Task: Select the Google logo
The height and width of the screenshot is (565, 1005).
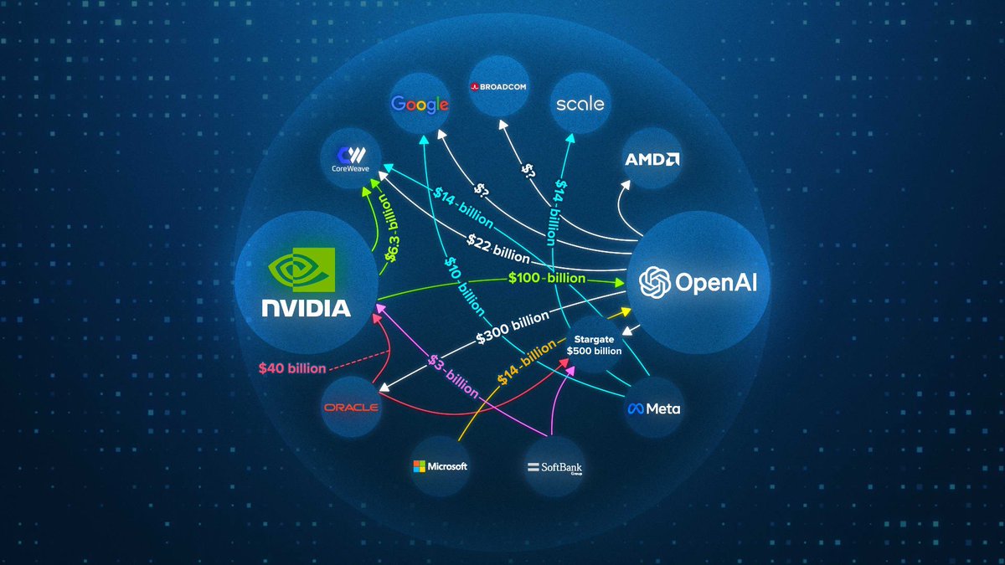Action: click(420, 105)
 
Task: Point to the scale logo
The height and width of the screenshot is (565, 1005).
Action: click(580, 105)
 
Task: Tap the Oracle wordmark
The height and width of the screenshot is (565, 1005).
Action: click(351, 408)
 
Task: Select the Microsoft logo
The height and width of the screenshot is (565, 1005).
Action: click(440, 466)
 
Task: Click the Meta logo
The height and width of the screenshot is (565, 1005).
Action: click(654, 409)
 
